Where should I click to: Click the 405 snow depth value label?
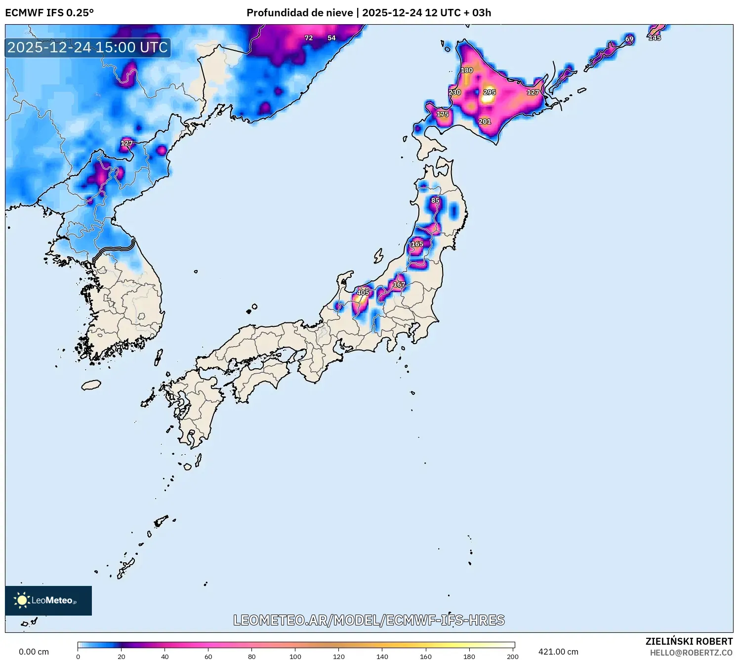pyautogui.click(x=363, y=292)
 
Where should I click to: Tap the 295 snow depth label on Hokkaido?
pyautogui.click(x=489, y=92)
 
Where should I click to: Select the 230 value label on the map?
pyautogui.click(x=454, y=92)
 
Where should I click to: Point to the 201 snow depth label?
pyautogui.click(x=485, y=121)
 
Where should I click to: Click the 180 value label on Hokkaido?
pyautogui.click(x=467, y=70)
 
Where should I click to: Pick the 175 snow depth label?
pyautogui.click(x=443, y=114)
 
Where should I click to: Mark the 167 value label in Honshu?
pyautogui.click(x=399, y=284)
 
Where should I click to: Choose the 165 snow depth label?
pyautogui.click(x=417, y=244)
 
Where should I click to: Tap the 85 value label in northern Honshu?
pyautogui.click(x=435, y=200)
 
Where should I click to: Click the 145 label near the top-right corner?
pyautogui.click(x=655, y=38)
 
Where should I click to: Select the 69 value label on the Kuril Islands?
pyautogui.click(x=629, y=39)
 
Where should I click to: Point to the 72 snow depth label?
pyautogui.click(x=309, y=38)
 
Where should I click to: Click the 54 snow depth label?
pyautogui.click(x=331, y=38)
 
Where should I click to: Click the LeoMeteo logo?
pyautogui.click(x=48, y=600)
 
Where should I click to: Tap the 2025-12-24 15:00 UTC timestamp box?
pyautogui.click(x=88, y=47)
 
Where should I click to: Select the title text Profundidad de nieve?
pyautogui.click(x=300, y=13)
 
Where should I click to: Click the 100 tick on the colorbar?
pyautogui.click(x=295, y=656)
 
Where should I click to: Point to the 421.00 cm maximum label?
pyautogui.click(x=558, y=652)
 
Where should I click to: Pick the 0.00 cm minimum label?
pyautogui.click(x=34, y=652)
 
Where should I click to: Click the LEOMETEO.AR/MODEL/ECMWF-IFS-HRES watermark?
pyautogui.click(x=369, y=620)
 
